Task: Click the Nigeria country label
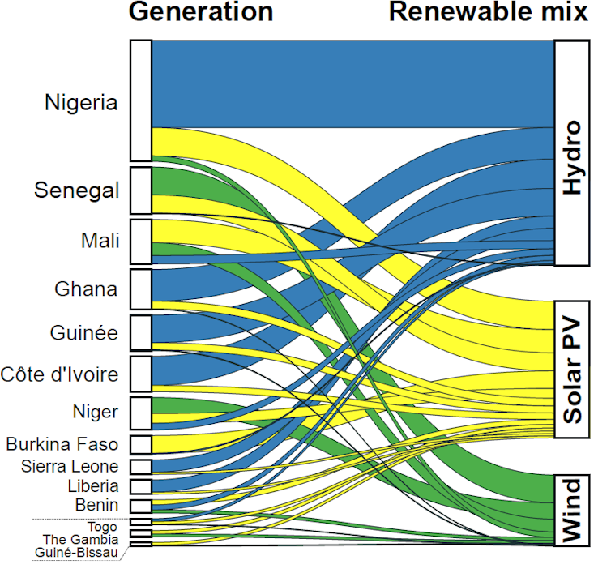coord(82,103)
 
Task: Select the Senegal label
coord(77,190)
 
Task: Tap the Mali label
coord(100,240)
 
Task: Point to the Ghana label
coord(86,289)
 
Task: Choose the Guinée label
coord(84,332)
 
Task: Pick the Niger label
coord(96,412)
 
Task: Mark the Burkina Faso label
coord(62,444)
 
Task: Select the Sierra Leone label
coord(70,466)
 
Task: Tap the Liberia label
coord(93,486)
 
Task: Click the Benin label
coord(97,506)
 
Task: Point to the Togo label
coord(102,527)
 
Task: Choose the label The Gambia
coord(80,539)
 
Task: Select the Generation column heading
coord(201,12)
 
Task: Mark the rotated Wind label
coord(572,510)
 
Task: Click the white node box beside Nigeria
coord(140,100)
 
